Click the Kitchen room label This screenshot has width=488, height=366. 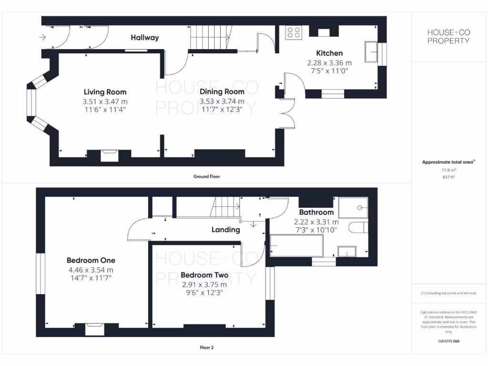(329, 53)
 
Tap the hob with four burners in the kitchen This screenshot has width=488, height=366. (294, 32)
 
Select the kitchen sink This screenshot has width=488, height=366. (371, 52)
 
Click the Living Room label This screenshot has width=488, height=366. (105, 91)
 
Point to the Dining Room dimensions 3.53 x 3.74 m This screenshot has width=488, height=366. (222, 101)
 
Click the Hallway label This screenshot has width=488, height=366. (144, 37)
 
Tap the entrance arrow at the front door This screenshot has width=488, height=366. (43, 37)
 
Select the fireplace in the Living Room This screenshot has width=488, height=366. (109, 155)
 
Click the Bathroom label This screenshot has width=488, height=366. (316, 212)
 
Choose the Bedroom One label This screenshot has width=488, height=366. (91, 260)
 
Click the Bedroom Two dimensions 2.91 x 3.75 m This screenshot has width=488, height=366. (204, 285)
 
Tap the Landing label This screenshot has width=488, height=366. (225, 230)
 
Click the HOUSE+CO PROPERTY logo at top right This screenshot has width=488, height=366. (448, 36)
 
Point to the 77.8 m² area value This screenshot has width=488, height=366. (448, 170)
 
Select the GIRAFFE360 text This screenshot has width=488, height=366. (448, 341)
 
